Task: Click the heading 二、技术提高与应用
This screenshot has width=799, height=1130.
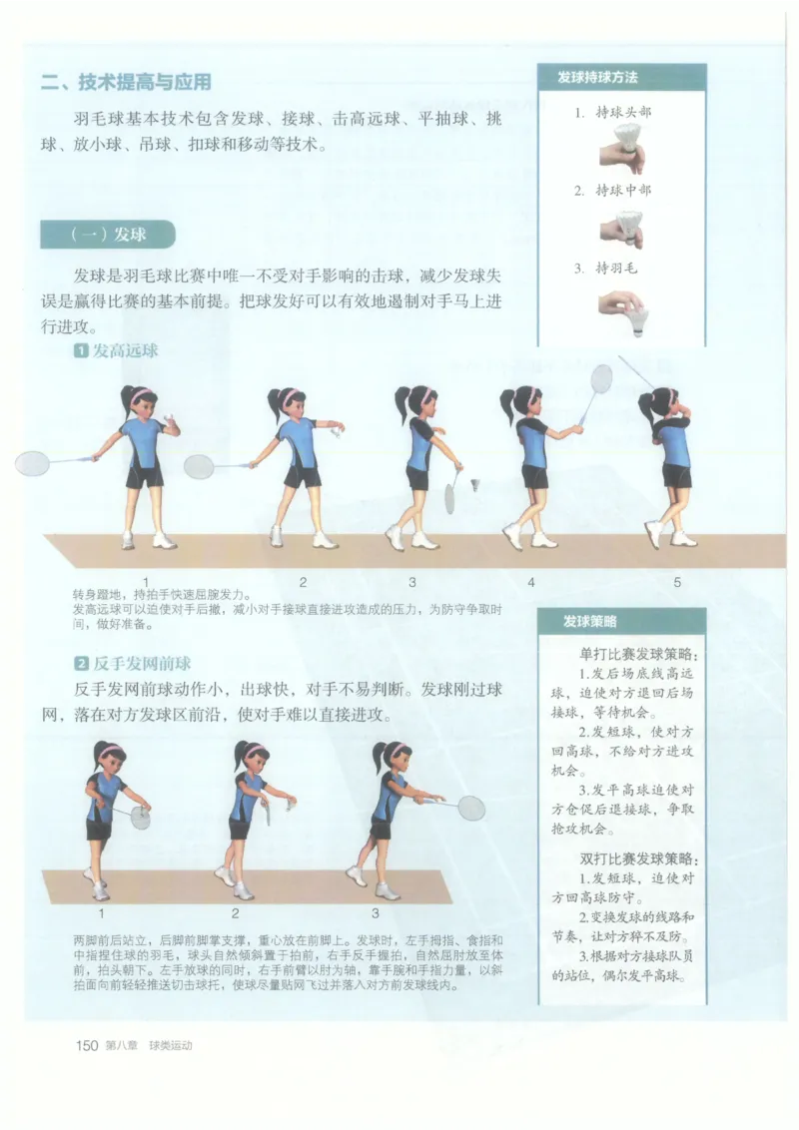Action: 126,83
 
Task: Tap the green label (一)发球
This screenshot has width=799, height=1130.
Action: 108,235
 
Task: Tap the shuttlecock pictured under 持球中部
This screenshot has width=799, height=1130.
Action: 630,226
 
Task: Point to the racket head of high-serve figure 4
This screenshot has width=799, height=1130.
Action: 600,378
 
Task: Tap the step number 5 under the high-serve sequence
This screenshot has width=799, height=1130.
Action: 677,582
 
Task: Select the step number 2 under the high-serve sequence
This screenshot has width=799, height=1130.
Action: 303,582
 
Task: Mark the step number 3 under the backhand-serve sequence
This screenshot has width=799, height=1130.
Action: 376,911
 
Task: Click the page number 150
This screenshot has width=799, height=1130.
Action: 86,1045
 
